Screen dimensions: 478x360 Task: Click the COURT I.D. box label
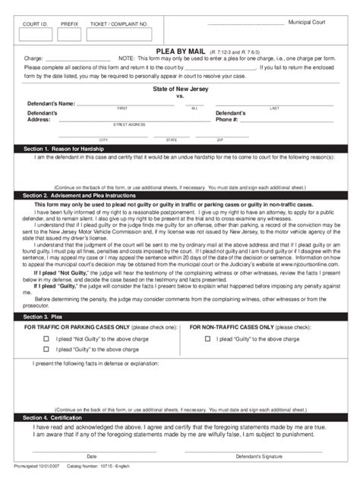click(34, 25)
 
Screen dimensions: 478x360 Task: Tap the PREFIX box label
click(70, 25)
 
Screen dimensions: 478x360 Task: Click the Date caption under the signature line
click(92, 457)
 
